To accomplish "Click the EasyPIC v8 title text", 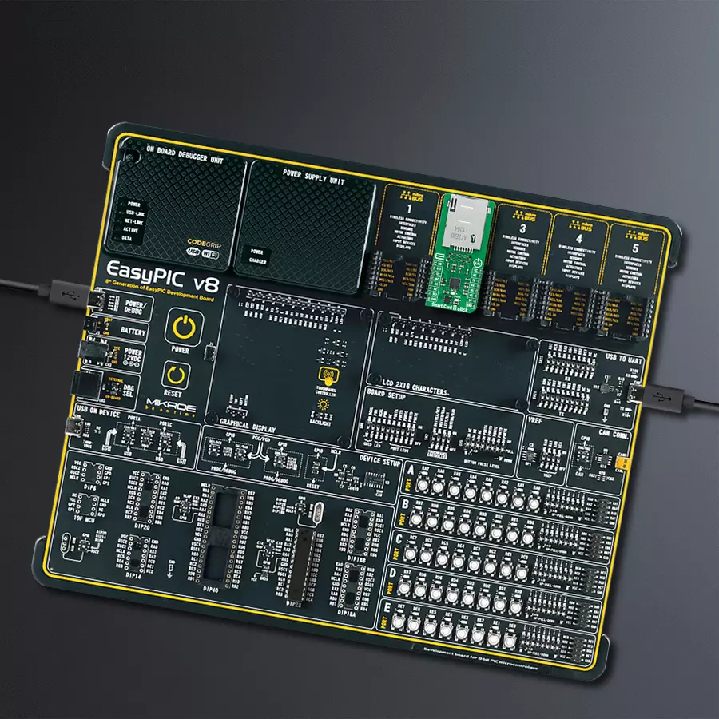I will tap(163, 268).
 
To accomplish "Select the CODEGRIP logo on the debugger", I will tap(202, 240).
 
